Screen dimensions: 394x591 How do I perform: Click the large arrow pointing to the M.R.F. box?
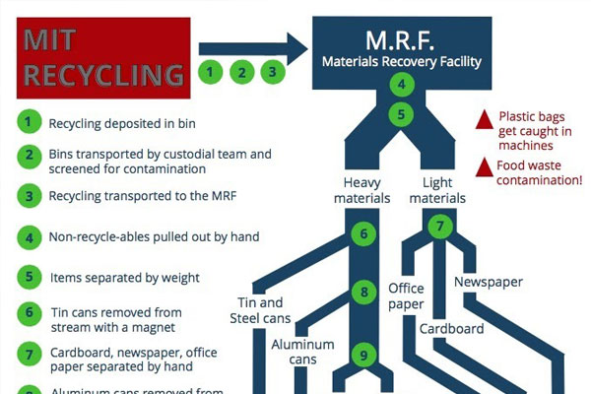252,44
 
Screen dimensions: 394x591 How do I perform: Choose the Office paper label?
405,296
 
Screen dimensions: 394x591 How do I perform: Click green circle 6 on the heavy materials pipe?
363,234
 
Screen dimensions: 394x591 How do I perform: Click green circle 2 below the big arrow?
241,72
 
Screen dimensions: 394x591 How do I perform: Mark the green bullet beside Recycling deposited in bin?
31,122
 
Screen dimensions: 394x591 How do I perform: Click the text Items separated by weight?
125,279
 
